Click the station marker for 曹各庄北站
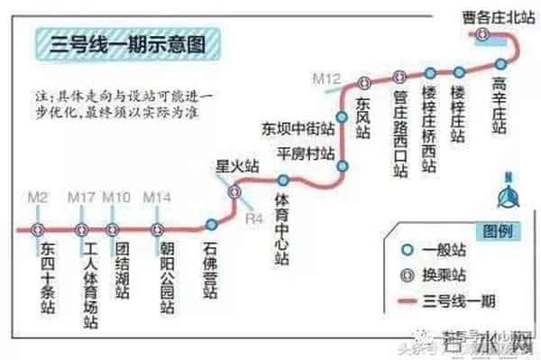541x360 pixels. (483, 33)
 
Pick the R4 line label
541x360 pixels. (255, 216)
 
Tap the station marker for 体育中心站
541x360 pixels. (282, 180)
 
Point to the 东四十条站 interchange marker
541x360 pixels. (38, 228)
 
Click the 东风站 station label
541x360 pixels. (362, 117)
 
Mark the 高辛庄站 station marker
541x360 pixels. (501, 62)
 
